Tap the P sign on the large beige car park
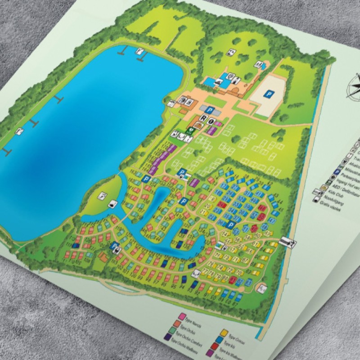click(269, 94)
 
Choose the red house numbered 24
click(221, 205)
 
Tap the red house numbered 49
click(255, 229)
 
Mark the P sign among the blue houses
click(231, 225)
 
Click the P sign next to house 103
click(116, 246)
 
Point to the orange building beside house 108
click(103, 256)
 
